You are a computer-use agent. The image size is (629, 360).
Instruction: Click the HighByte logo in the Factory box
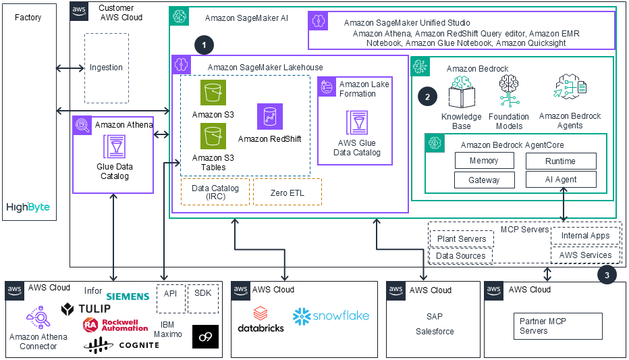click(x=28, y=207)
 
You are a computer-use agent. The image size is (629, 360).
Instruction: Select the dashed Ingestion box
click(x=106, y=68)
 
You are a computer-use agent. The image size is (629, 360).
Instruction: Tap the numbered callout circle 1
click(x=204, y=45)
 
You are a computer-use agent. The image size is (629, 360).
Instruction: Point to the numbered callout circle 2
click(x=427, y=96)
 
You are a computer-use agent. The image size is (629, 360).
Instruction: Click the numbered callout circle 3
click(x=607, y=275)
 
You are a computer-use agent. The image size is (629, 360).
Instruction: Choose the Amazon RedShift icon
click(x=270, y=117)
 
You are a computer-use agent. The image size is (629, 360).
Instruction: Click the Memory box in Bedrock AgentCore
click(x=484, y=161)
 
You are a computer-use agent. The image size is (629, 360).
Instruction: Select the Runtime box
click(x=561, y=161)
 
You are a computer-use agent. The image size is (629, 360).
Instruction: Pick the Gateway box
click(x=484, y=180)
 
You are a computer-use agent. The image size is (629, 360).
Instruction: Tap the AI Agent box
click(x=561, y=180)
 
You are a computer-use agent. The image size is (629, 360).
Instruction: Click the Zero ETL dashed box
click(x=288, y=192)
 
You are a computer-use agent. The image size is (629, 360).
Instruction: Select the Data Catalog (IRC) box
click(x=215, y=192)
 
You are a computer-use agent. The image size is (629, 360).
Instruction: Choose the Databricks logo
click(x=261, y=319)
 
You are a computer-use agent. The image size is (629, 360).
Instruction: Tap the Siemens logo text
click(x=128, y=296)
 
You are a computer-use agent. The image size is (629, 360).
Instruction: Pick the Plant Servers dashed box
click(x=462, y=239)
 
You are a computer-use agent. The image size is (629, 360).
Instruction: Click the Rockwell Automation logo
click(x=115, y=325)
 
